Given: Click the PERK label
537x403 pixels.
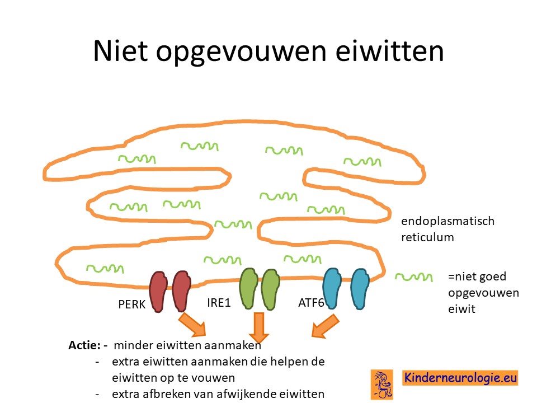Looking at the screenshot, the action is (x=132, y=304).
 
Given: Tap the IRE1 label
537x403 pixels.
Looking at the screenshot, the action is (x=219, y=303).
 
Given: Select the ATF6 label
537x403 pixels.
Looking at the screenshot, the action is (x=311, y=303).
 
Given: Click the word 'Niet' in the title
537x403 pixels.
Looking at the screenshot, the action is (x=120, y=51).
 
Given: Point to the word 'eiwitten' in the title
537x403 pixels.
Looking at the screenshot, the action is (x=389, y=51).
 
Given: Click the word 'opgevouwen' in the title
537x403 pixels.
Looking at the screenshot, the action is (x=241, y=53).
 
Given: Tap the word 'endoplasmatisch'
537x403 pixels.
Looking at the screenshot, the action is (x=447, y=221).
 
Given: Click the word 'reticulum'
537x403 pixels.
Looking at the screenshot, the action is (x=427, y=237).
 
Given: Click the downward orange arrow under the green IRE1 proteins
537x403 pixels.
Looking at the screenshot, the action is (x=259, y=327).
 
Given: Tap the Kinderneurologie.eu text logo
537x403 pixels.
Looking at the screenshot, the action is (x=460, y=378).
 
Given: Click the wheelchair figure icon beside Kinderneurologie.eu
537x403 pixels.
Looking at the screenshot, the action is (x=381, y=385).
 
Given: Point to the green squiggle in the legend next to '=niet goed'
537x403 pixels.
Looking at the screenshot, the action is (x=414, y=277).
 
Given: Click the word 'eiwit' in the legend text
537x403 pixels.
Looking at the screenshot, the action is (x=461, y=309).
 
